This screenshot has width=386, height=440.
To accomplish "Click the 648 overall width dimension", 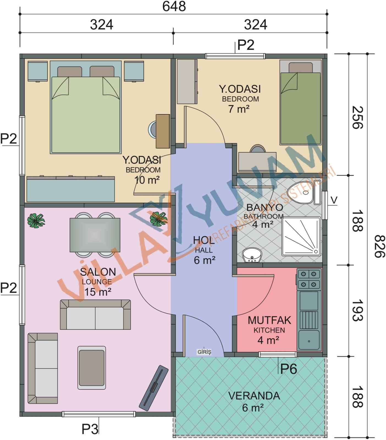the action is pyautogui.click(x=174, y=6).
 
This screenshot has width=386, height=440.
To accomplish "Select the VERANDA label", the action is pyautogui.click(x=254, y=396).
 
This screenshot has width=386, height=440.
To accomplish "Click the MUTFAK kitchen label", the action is pyautogui.click(x=269, y=320).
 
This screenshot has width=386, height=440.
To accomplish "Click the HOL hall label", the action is pyautogui.click(x=204, y=240).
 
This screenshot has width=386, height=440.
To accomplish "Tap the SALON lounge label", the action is pyautogui.click(x=98, y=272).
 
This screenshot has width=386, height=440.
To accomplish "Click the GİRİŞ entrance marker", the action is pyautogui.click(x=204, y=352).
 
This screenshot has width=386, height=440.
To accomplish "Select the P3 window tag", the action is pyautogui.click(x=90, y=429).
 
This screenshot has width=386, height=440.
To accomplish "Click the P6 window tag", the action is pyautogui.click(x=288, y=369).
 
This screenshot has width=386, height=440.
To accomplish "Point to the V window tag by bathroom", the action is pyautogui.click(x=334, y=200).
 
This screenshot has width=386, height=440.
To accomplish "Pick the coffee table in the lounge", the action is pyautogui.click(x=92, y=367).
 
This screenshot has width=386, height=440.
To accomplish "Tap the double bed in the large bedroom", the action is pyautogui.click(x=86, y=107).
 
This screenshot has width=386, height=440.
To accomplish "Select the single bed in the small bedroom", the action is pyautogui.click(x=300, y=102).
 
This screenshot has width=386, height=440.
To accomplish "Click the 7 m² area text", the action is pyautogui.click(x=239, y=109).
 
